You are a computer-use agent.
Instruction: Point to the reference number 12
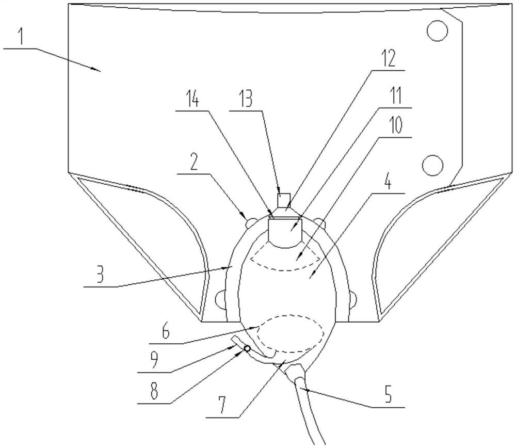coord(388,59)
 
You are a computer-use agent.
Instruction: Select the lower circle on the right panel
coord(432,165)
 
